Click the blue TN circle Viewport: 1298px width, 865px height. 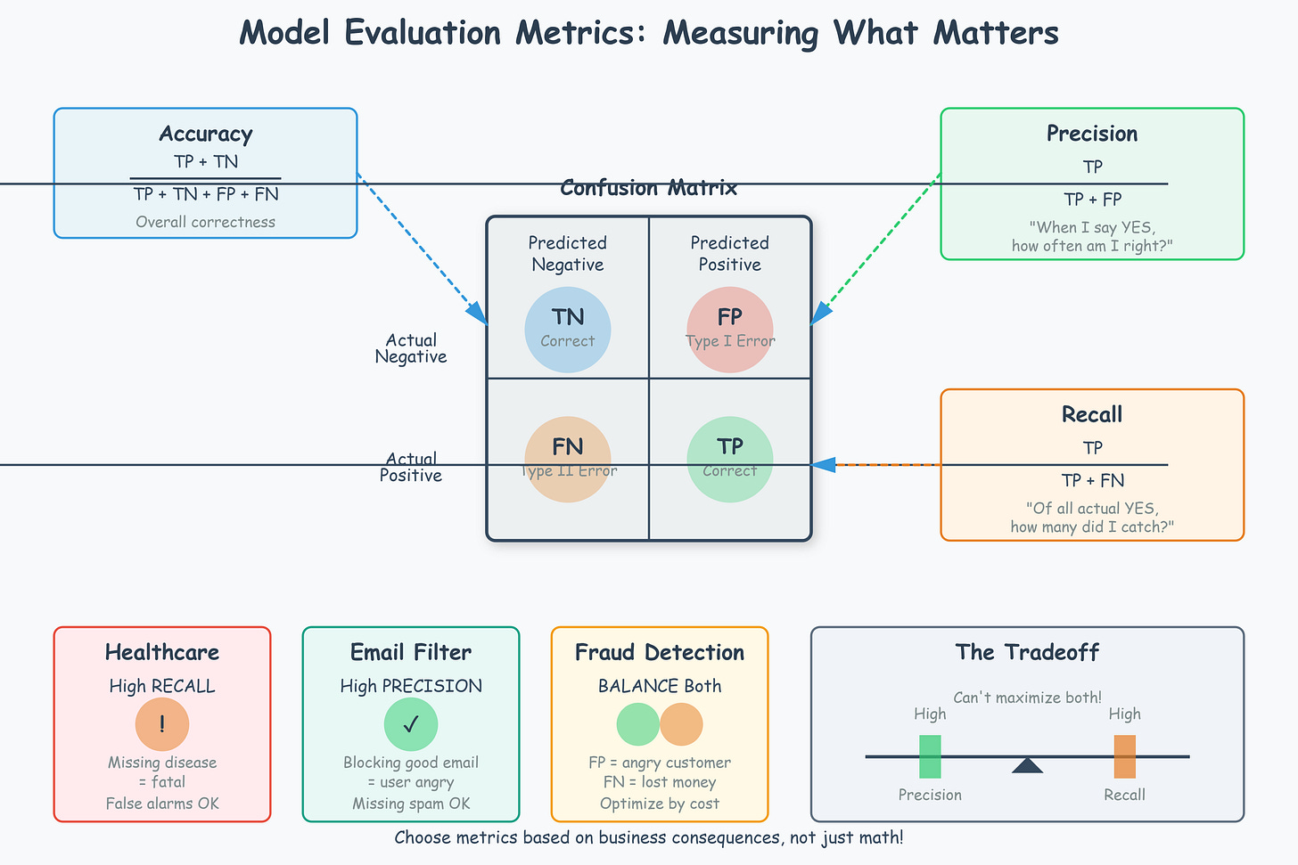(568, 329)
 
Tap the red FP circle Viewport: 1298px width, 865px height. (730, 329)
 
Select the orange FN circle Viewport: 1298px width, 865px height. (568, 459)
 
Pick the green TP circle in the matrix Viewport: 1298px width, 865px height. (730, 459)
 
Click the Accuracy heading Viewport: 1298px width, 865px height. (206, 134)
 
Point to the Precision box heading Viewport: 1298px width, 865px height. (1092, 134)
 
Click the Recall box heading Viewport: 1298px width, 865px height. (1092, 414)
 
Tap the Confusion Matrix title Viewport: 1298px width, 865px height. (649, 188)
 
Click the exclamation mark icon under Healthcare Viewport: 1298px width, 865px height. (162, 724)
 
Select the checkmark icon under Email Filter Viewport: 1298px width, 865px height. (411, 724)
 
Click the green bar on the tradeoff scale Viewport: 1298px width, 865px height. (930, 756)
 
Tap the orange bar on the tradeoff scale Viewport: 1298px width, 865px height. (1124, 756)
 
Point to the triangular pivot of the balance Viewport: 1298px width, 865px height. (1027, 765)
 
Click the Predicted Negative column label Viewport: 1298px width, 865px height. (568, 254)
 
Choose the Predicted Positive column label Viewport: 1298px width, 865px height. (730, 254)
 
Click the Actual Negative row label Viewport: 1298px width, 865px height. (411, 348)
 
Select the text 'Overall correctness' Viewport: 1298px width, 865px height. (206, 222)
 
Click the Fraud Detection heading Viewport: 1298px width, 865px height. (660, 652)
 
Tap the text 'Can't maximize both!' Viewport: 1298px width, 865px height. (1027, 698)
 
